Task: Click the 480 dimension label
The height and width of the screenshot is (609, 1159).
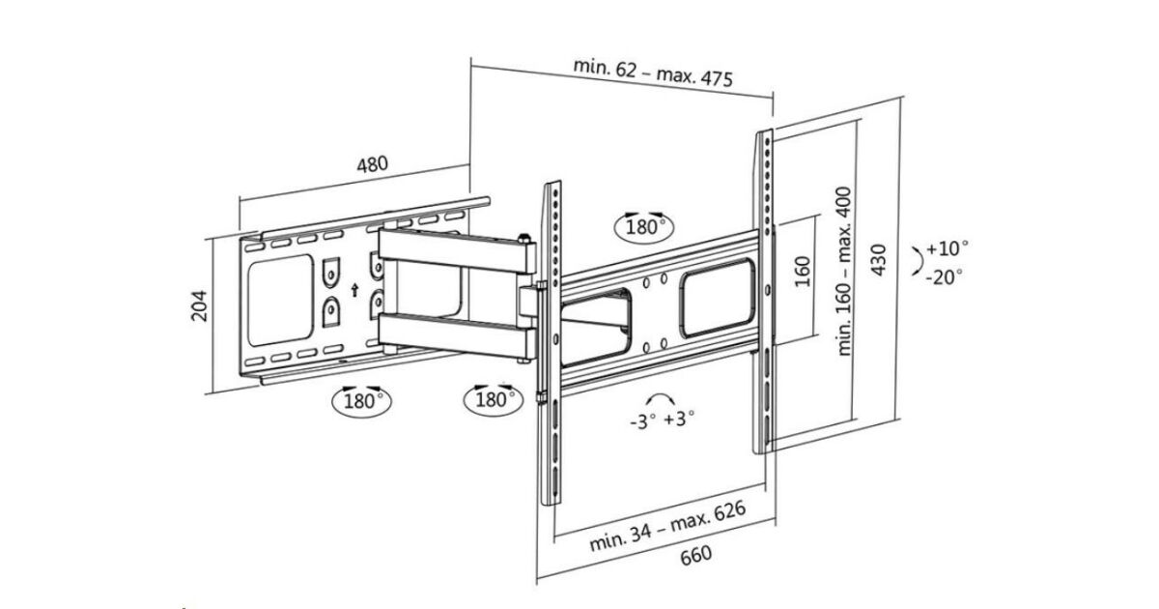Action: (x=372, y=164)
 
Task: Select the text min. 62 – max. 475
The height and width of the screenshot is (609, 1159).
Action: (x=653, y=73)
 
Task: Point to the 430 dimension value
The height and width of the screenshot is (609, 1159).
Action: (x=877, y=259)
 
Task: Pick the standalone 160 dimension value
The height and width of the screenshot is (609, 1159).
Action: (x=802, y=274)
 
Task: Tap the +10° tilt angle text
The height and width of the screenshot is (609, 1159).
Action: (x=947, y=247)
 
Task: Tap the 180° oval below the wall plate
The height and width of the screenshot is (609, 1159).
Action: (x=361, y=399)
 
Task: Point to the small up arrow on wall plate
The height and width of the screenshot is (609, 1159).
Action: (x=354, y=288)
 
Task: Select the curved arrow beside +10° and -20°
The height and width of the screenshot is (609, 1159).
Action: (x=913, y=261)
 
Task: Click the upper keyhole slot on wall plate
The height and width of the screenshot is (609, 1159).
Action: (x=330, y=272)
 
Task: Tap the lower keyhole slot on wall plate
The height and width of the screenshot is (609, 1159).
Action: (x=330, y=311)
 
